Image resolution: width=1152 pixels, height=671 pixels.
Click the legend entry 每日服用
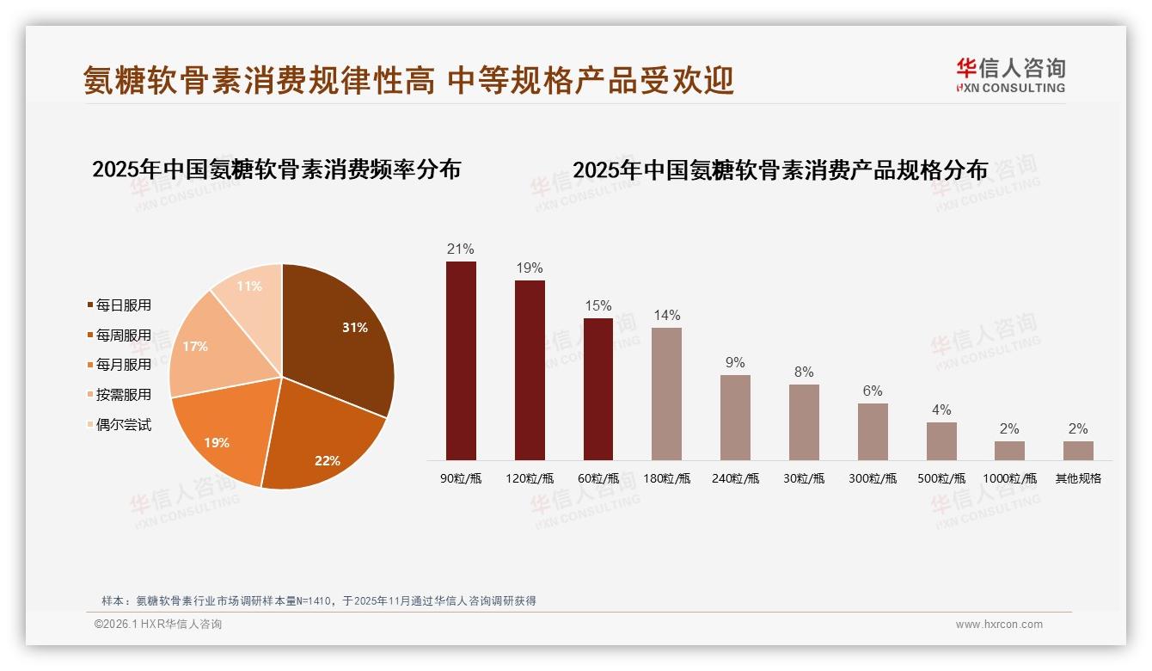pyautogui.click(x=123, y=305)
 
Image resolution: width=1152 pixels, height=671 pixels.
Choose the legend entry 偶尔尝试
pyautogui.click(x=123, y=425)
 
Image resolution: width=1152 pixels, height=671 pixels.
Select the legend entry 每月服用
pyautogui.click(x=123, y=365)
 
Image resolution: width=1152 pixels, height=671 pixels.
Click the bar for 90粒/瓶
pyautogui.click(x=461, y=361)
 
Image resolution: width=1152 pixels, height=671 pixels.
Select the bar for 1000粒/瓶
pyautogui.click(x=1009, y=451)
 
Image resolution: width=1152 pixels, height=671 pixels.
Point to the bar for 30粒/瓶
pyautogui.click(x=804, y=422)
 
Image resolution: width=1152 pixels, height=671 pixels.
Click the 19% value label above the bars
pyautogui.click(x=530, y=268)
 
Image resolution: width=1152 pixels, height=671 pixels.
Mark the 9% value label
pyautogui.click(x=735, y=363)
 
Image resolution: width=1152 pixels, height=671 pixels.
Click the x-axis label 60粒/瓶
pyautogui.click(x=598, y=478)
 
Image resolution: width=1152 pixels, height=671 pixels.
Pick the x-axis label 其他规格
pyautogui.click(x=1078, y=478)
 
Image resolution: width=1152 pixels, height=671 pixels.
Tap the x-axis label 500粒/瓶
pyautogui.click(x=941, y=478)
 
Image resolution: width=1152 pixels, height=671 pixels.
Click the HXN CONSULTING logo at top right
pyautogui.click(x=1010, y=76)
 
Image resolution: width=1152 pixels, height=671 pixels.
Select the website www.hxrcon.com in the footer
pyautogui.click(x=999, y=625)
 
